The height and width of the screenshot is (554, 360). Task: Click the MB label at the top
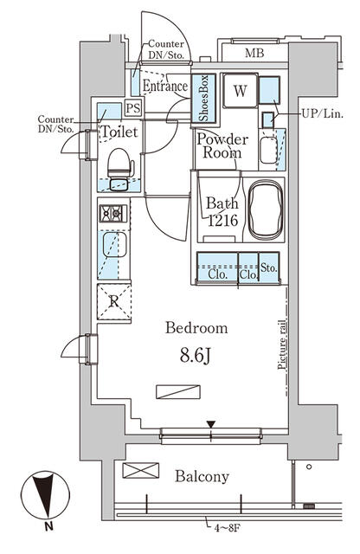[254, 54]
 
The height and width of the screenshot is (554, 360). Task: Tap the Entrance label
[164, 87]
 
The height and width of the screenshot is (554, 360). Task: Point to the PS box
[133, 108]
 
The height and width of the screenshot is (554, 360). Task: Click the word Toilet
[118, 132]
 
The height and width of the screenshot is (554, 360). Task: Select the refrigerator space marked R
[113, 301]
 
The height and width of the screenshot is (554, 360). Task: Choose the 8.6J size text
[196, 355]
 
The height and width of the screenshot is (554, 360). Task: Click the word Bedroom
[196, 328]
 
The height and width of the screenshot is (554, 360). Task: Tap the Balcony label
[202, 476]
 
